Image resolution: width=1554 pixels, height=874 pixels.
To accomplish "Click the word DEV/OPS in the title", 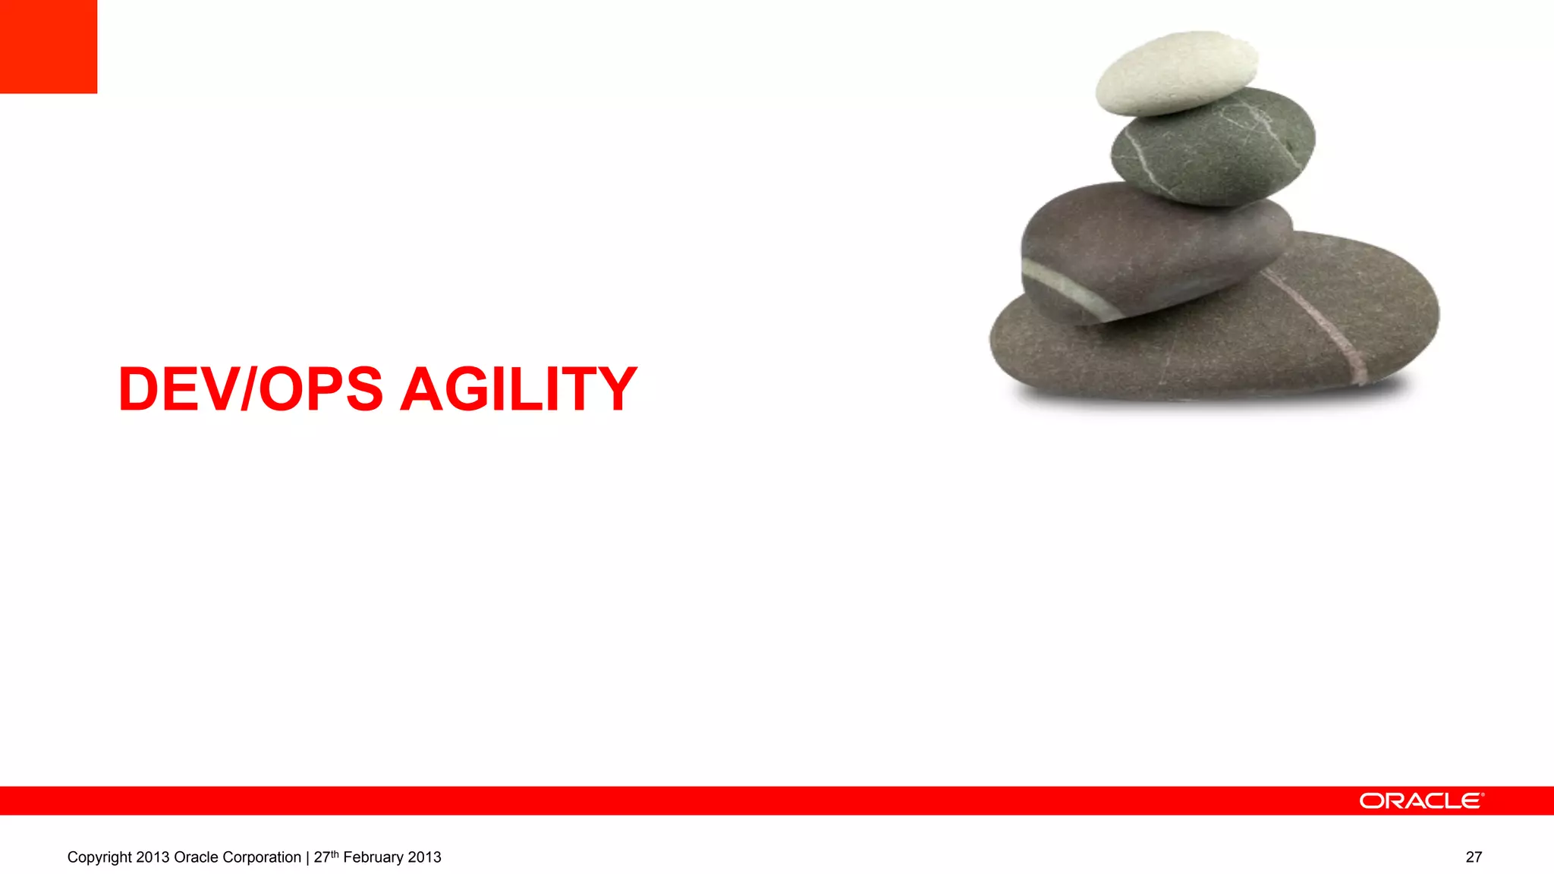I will tap(250, 389).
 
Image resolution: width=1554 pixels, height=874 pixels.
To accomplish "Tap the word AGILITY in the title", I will tap(518, 389).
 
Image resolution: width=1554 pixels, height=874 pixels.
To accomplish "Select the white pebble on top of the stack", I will tap(1176, 72).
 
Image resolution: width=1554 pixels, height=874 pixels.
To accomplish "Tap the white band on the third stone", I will tap(1070, 288).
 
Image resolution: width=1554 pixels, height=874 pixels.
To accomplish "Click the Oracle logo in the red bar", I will tap(1420, 801).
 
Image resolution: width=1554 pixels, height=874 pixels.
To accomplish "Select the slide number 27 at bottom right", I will tap(1474, 857).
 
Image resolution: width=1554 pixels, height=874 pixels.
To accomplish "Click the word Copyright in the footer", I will tap(99, 857).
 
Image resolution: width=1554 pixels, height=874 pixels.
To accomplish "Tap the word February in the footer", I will tap(373, 857).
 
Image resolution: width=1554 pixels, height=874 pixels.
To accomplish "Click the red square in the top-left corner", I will tap(49, 46).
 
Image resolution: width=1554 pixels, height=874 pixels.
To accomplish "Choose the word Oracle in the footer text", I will tap(196, 857).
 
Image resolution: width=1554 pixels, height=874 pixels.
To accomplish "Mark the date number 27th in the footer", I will tap(326, 857).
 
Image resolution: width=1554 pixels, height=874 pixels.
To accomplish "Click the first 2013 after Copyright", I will tap(153, 857).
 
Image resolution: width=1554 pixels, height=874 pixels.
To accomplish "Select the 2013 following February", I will tap(424, 857).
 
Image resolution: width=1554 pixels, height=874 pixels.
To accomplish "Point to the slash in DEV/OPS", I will tap(248, 389).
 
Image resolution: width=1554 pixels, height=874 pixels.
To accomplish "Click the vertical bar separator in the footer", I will tap(307, 857).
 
